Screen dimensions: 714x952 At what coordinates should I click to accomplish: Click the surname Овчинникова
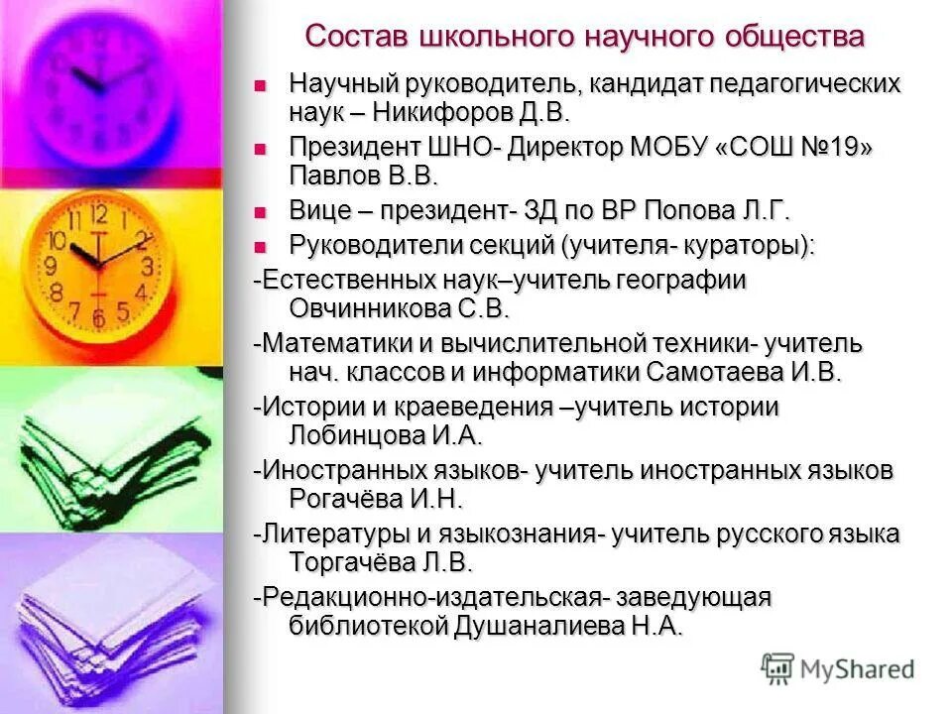[x=371, y=308]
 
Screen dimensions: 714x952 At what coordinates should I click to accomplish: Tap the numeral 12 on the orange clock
[x=99, y=213]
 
